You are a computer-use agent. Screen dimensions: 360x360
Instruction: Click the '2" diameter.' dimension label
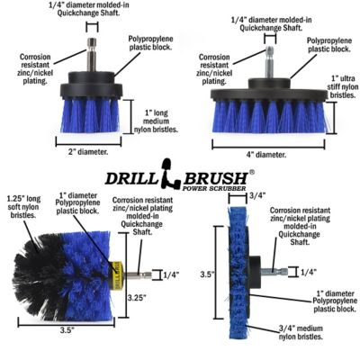(88, 151)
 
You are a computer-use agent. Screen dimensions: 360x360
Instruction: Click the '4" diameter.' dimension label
(265, 155)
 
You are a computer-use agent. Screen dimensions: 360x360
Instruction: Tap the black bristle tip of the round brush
(27, 270)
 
